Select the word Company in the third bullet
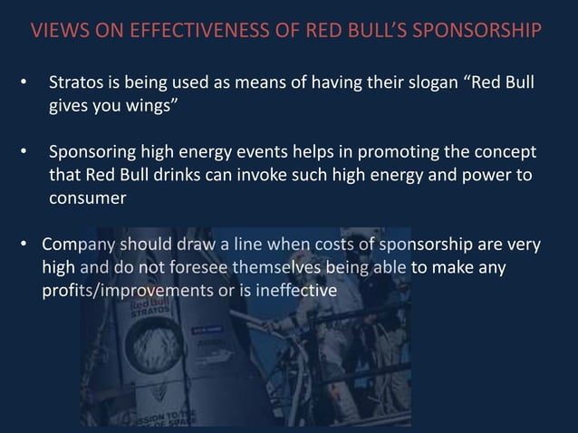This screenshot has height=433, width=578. [x=78, y=245]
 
